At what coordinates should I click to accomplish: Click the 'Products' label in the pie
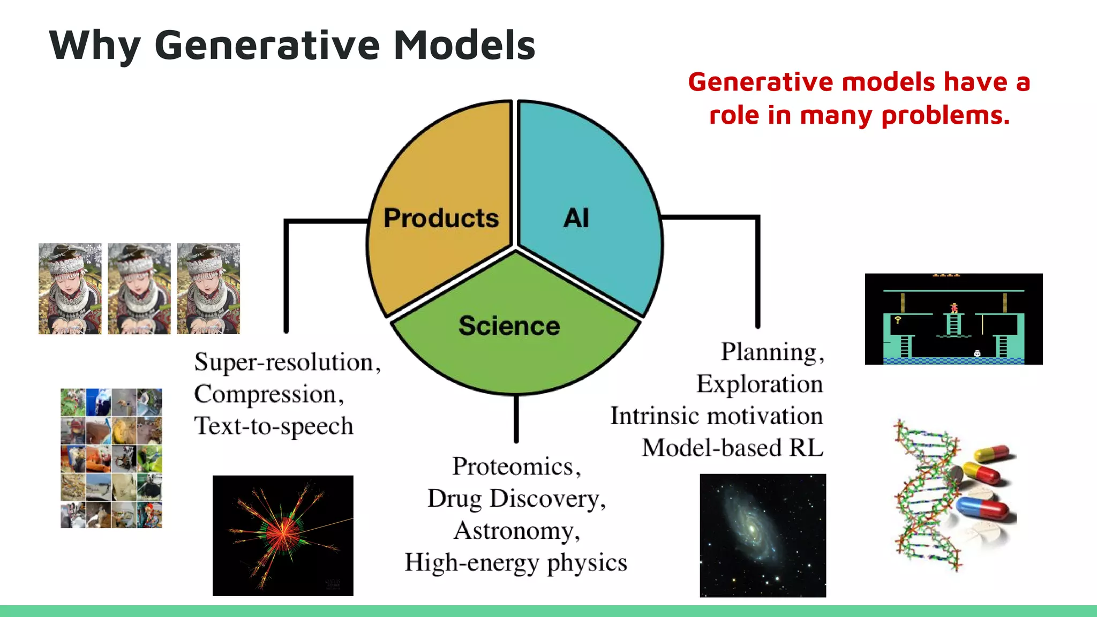point(441,218)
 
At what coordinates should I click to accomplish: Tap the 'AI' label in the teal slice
point(576,218)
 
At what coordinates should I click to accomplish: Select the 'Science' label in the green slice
point(509,326)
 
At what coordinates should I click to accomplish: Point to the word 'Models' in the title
point(464,46)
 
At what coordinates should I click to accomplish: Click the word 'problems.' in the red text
point(945,115)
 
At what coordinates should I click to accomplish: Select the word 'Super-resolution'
point(284,363)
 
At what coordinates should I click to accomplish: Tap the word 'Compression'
point(265,395)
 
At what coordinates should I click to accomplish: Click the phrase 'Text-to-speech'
point(274,426)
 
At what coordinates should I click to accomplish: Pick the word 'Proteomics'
point(513,466)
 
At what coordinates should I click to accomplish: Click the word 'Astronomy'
point(513,531)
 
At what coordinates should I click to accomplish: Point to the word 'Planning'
point(769,352)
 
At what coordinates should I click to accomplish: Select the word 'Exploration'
point(759,384)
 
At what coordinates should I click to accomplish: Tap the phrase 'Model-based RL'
point(732,448)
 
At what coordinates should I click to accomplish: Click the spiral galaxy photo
point(763,535)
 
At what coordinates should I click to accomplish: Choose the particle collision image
point(283,535)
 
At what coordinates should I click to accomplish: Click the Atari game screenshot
point(953,319)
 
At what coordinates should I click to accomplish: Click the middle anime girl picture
point(139,289)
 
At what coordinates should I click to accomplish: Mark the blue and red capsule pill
point(983,507)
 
